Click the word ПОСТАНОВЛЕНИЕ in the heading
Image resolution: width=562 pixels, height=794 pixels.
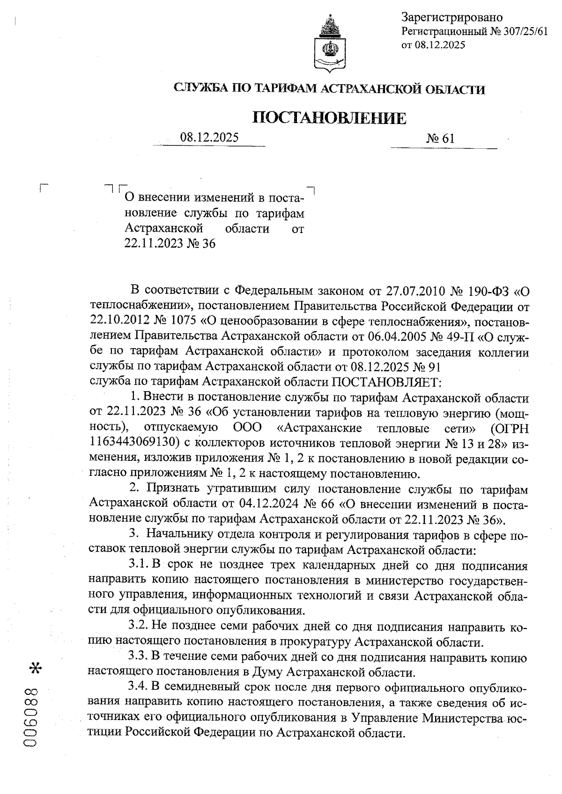coord(329,118)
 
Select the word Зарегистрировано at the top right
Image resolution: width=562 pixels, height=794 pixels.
coord(451,18)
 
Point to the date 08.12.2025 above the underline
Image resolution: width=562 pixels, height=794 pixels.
coord(209,138)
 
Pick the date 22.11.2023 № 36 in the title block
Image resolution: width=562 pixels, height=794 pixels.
coord(170,244)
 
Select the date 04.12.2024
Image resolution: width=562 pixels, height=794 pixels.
coord(267,504)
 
